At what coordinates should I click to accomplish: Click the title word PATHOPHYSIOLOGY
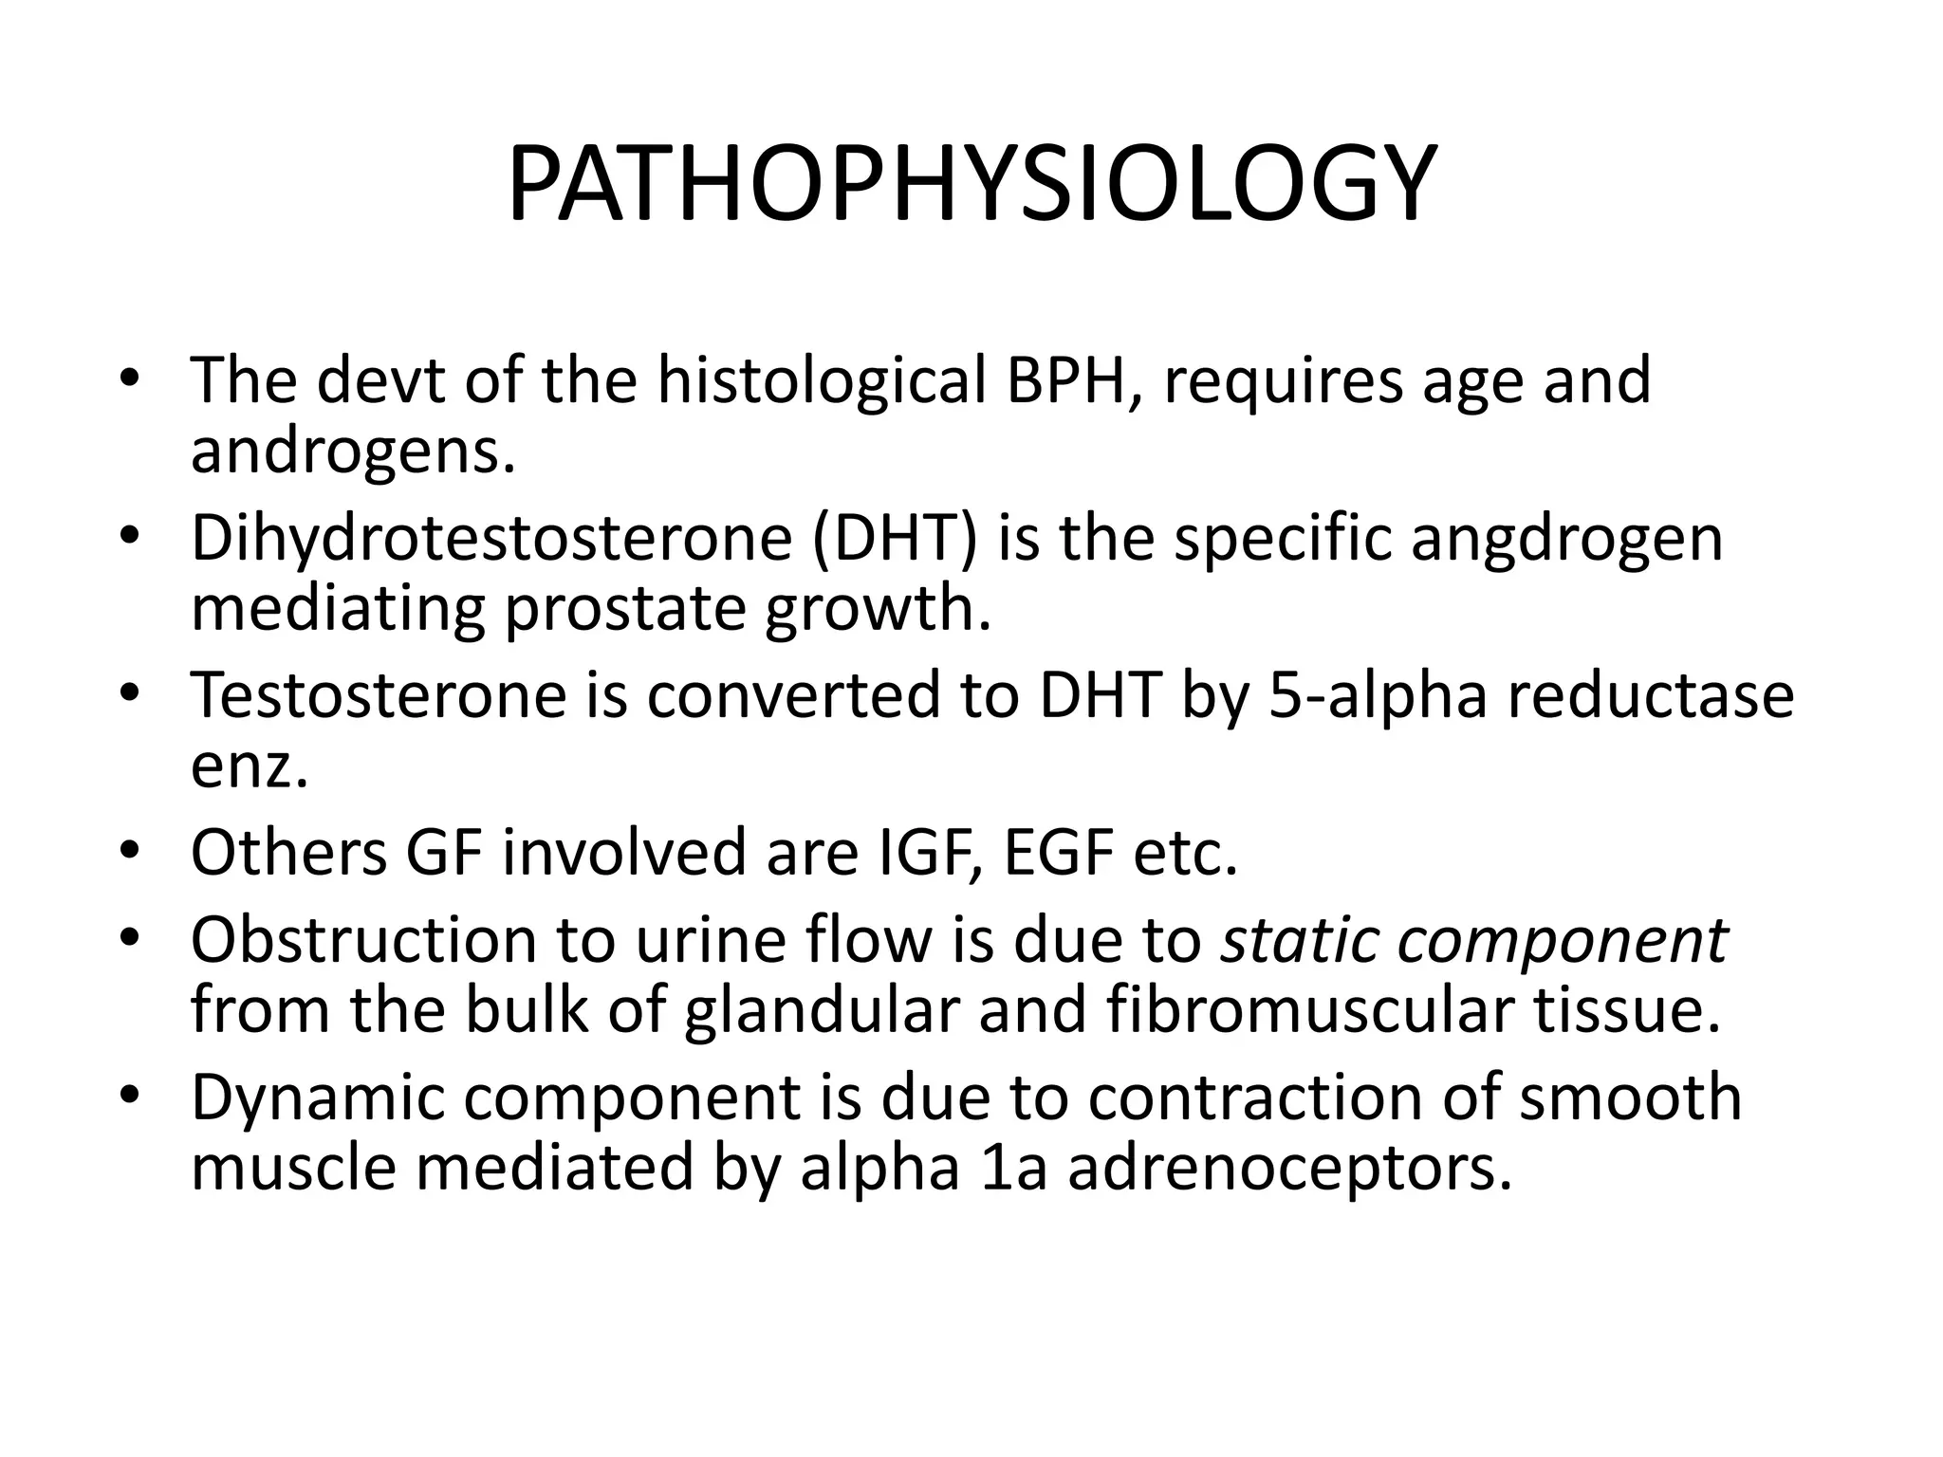971,184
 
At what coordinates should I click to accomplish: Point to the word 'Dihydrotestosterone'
490,538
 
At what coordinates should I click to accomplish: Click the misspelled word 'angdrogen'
1566,538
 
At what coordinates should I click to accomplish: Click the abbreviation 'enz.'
250,767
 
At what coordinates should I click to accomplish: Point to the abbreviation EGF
1058,853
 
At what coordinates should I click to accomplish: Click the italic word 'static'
1299,940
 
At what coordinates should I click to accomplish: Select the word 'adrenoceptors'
1289,1170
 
